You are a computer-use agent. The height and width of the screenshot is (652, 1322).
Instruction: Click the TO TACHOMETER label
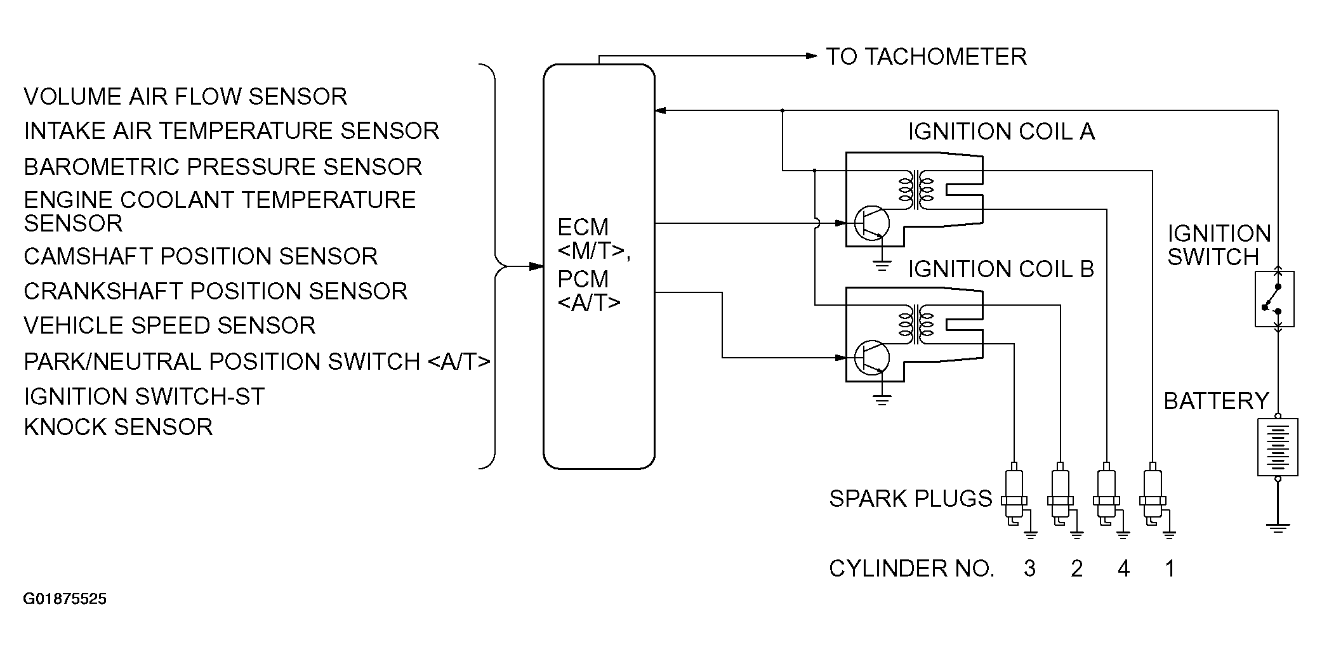point(925,57)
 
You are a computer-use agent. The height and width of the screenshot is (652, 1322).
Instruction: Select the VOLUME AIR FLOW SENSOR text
point(185,97)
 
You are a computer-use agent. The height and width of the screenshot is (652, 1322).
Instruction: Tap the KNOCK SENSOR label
point(118,427)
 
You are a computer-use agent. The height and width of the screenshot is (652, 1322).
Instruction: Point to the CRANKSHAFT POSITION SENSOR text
point(215,291)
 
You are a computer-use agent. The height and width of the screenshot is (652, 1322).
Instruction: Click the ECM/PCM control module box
point(598,266)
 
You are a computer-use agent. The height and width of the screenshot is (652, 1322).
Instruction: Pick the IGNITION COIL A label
point(1001,132)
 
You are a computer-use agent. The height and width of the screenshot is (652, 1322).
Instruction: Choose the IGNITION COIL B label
point(1001,269)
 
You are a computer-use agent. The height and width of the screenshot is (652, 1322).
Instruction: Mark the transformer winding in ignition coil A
point(915,190)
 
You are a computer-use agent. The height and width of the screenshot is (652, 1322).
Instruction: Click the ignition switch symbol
point(1274,299)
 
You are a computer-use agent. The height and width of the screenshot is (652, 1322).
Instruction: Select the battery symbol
point(1277,447)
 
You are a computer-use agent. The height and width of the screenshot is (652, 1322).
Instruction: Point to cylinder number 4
point(1123,568)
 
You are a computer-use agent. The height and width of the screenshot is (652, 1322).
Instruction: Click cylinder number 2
point(1076,568)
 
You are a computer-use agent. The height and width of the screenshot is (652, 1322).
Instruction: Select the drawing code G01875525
point(65,599)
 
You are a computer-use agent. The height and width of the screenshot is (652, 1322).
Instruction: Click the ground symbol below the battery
point(1277,526)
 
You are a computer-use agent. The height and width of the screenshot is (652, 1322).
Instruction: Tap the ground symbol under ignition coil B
point(881,400)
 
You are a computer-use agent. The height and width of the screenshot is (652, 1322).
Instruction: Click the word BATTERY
point(1215,401)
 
